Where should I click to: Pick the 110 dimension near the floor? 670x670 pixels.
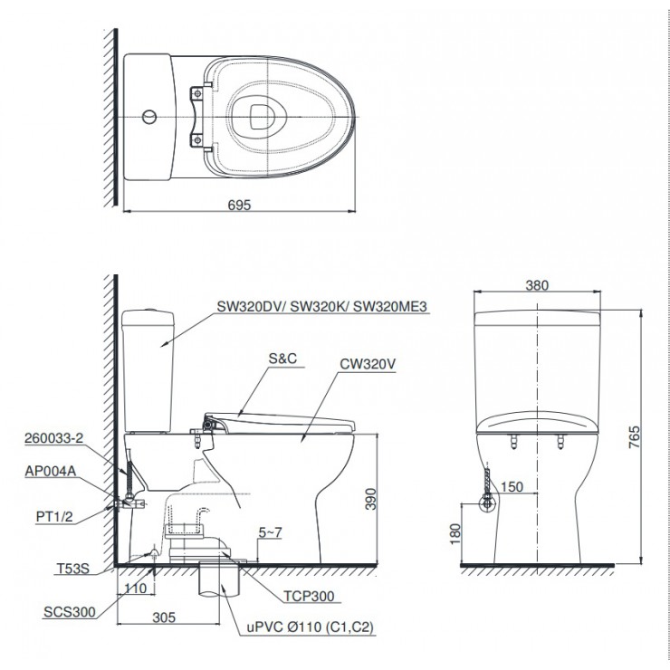(x=137, y=589)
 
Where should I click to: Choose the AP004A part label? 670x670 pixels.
(x=50, y=470)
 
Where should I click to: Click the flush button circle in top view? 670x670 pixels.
(x=150, y=118)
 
